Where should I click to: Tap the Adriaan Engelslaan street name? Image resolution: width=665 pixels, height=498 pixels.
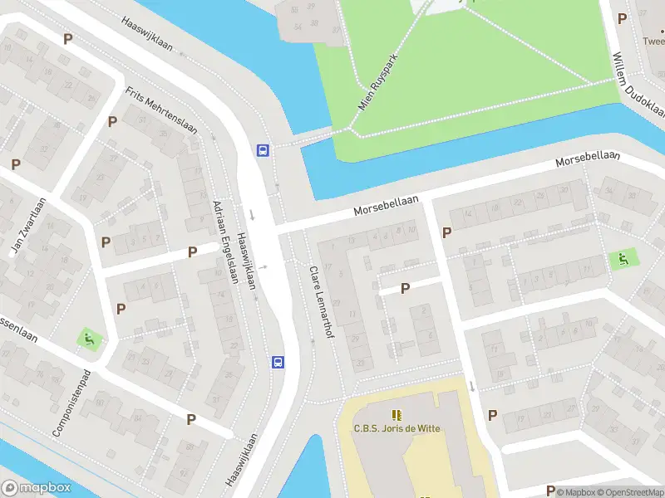[224, 242]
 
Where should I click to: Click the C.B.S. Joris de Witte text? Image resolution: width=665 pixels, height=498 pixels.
[397, 428]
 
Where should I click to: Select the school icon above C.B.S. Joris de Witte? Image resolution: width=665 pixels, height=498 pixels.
[397, 414]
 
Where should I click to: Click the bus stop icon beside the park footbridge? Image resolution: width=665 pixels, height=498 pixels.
[263, 150]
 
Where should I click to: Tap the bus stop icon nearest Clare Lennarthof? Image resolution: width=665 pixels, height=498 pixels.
[278, 362]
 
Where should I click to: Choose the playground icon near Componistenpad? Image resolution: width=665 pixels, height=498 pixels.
[87, 339]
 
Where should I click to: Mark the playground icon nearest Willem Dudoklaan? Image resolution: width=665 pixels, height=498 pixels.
[619, 259]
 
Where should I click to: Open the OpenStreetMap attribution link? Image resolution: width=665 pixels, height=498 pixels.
[628, 492]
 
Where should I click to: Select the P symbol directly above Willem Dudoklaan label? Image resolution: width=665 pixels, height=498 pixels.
[623, 16]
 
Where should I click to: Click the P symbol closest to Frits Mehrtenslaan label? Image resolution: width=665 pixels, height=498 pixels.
[112, 121]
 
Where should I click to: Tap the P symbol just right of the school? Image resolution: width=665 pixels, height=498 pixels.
[492, 415]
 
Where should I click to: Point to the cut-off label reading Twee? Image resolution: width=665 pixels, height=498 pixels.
[653, 40]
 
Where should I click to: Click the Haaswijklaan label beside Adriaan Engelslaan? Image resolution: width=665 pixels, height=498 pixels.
[247, 256]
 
